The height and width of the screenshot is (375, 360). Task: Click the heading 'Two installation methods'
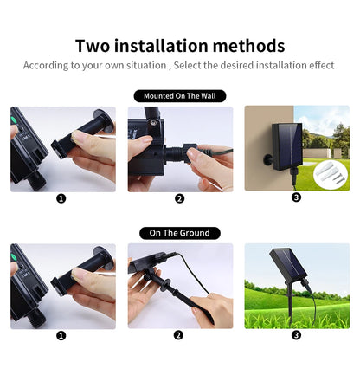[179, 45]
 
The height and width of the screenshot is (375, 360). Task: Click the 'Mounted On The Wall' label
[179, 96]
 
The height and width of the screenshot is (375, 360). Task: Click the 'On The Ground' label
[179, 233]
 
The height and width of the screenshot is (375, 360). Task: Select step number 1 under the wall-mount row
[61, 198]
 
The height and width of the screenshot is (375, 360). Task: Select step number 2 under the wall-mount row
[179, 198]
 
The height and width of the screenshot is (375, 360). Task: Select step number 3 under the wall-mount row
[296, 197]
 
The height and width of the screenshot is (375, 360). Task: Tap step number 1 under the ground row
[61, 335]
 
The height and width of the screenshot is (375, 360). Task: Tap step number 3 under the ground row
[296, 335]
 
